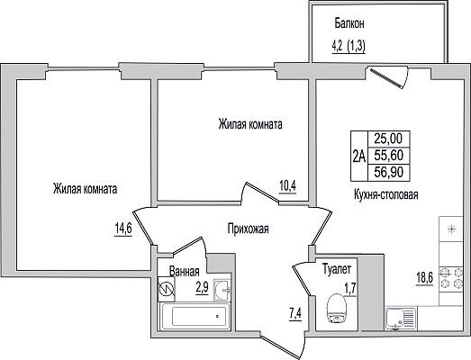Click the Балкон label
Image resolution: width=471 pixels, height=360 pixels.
pos(349,23)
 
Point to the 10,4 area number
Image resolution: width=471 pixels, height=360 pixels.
pos(287,186)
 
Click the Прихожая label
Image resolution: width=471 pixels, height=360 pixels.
pos(248,229)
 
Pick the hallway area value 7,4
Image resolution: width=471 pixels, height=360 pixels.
pos(295,314)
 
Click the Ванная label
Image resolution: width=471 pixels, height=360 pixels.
pos(184,272)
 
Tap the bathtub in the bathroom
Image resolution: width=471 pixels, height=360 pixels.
pos(195,317)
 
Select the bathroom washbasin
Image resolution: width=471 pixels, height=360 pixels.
pos(222,290)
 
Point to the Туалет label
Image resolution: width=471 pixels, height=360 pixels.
pos(337,269)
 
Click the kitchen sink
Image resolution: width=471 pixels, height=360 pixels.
pos(401,319)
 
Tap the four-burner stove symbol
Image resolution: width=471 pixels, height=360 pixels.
pos(451,278)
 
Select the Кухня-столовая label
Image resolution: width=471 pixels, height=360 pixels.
pos(386,195)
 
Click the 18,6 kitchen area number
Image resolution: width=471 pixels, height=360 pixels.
pos(424,279)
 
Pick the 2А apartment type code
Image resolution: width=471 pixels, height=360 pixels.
pos(359,156)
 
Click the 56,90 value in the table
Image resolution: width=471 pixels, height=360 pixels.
pos(389,172)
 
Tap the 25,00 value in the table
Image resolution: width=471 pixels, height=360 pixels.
pos(388,139)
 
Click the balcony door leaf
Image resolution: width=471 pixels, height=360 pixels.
pos(385,78)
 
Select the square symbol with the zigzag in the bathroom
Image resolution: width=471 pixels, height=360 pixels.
pos(167,289)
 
